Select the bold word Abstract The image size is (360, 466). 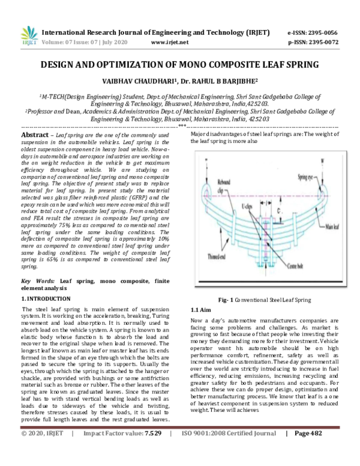coord(35,136)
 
